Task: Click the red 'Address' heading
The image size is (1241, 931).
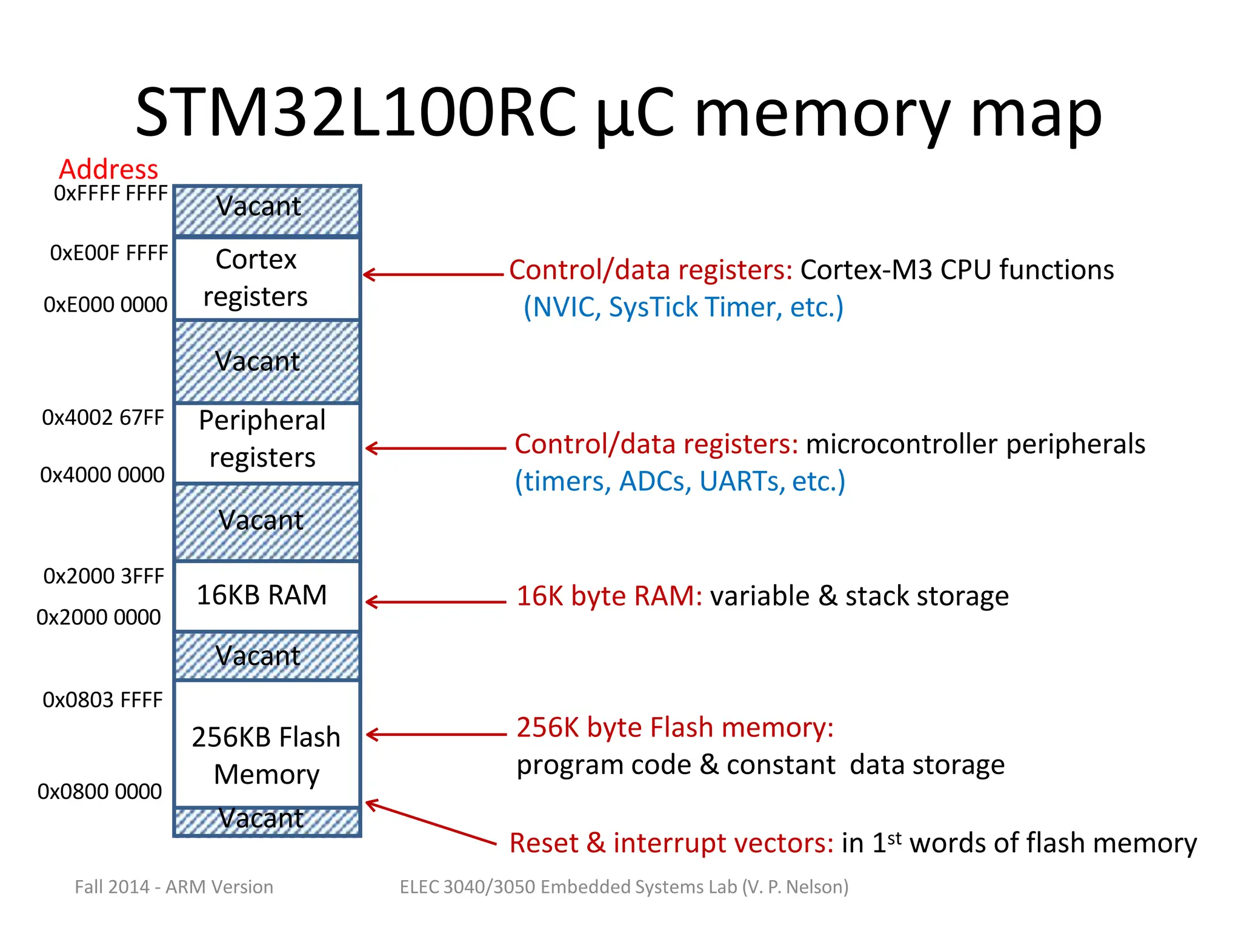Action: (108, 169)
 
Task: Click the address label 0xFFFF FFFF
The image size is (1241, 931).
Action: (110, 193)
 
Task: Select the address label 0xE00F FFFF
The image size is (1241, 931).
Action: (109, 253)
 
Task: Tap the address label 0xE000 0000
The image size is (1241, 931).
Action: (105, 304)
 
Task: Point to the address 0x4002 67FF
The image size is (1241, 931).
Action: (103, 418)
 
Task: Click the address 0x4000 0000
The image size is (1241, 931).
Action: (102, 475)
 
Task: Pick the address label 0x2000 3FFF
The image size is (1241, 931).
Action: (104, 576)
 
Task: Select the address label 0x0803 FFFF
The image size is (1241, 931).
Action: (102, 700)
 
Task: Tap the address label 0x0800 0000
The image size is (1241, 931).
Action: (99, 792)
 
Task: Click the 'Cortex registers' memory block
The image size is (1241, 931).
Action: (267, 278)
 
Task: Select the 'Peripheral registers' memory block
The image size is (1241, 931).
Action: (267, 442)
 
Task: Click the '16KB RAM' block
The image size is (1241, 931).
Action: (267, 596)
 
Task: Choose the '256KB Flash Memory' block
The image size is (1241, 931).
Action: (267, 744)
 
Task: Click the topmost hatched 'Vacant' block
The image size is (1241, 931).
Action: (267, 210)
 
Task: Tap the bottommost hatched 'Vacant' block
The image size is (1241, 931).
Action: (267, 821)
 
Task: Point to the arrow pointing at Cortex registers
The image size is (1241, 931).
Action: (433, 275)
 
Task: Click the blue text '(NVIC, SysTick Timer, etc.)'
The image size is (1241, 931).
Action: (683, 307)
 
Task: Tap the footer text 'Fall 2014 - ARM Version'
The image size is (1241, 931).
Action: (174, 887)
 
